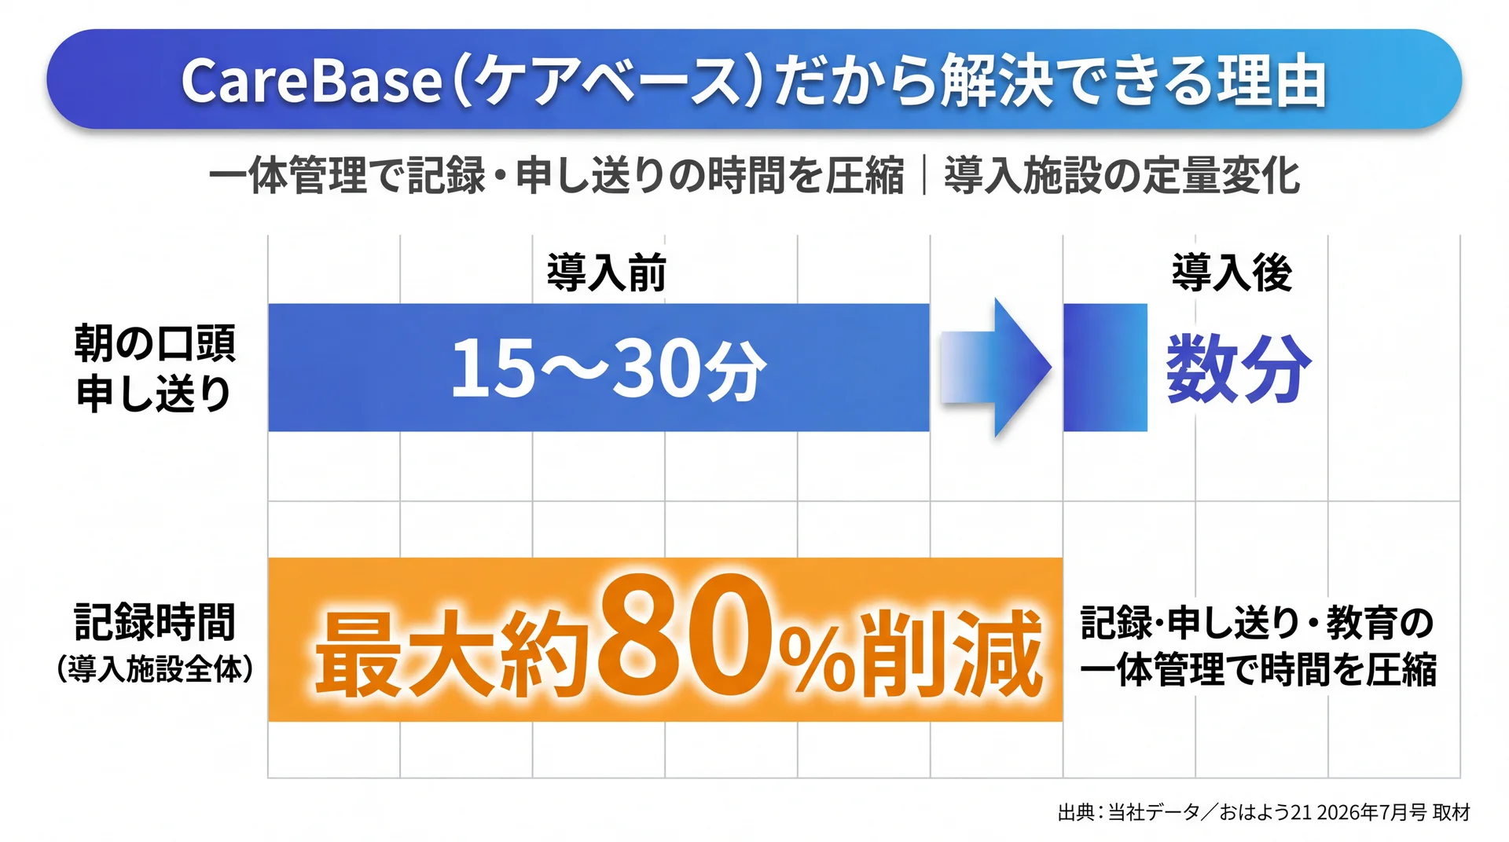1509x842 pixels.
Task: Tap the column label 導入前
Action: coord(607,273)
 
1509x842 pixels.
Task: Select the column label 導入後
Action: coord(1232,273)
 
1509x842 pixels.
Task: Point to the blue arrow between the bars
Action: coord(996,367)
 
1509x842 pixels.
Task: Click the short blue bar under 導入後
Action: coord(1105,368)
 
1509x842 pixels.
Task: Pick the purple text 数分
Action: coord(1239,368)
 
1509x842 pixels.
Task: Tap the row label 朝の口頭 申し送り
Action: coord(155,368)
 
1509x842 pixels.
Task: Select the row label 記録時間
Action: coord(155,621)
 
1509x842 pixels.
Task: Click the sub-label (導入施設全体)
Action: coord(155,668)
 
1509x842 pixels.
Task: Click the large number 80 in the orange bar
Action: coord(688,637)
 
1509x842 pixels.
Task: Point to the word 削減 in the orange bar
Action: coord(952,653)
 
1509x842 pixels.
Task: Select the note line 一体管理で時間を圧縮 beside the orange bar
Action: coord(1257,670)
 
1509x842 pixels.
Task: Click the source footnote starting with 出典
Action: coord(1264,812)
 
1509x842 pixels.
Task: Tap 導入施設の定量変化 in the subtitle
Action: coord(1122,175)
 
